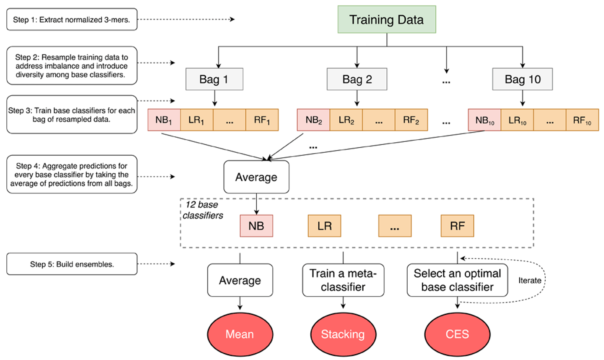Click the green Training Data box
(x=387, y=20)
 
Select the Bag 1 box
(x=214, y=79)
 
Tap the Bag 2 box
(x=357, y=79)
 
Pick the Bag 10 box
(x=522, y=79)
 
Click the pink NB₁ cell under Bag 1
(x=164, y=120)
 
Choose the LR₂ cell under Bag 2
(x=346, y=120)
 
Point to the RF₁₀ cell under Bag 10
(x=582, y=120)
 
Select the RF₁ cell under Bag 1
(x=262, y=120)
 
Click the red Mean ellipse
(x=240, y=334)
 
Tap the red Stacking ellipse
(x=343, y=334)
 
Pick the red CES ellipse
(x=457, y=334)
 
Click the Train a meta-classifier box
(x=343, y=280)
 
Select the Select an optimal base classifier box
(x=457, y=280)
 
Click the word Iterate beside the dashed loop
(x=529, y=280)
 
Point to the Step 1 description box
(x=72, y=20)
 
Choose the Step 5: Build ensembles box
(x=72, y=264)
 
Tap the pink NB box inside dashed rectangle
(x=256, y=226)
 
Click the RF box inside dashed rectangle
(x=457, y=226)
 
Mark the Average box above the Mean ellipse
(x=240, y=280)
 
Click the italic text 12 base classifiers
(x=203, y=210)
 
